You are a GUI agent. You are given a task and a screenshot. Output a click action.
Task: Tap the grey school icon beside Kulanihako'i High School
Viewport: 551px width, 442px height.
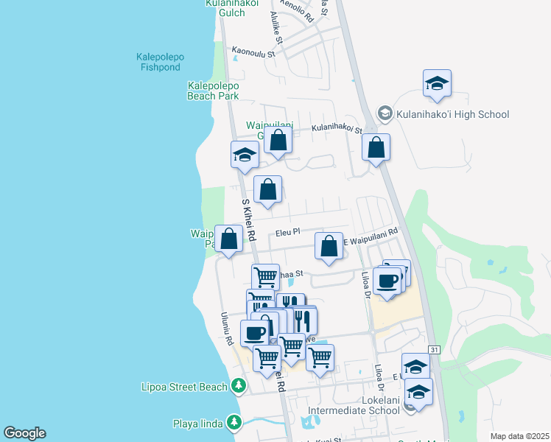tap(385, 113)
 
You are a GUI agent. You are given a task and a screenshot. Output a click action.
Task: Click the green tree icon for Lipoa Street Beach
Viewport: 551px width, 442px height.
tap(238, 385)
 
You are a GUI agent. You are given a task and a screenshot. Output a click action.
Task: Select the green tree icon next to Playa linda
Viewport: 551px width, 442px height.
tap(234, 423)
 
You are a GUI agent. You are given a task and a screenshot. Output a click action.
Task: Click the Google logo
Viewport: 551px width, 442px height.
tap(24, 433)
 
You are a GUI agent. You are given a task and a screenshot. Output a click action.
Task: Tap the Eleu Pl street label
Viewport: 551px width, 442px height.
tap(287, 232)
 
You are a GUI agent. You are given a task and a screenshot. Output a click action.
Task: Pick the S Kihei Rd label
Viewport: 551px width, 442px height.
tap(248, 220)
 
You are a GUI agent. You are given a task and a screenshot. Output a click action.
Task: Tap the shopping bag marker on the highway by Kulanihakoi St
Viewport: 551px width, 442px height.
tap(376, 147)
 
